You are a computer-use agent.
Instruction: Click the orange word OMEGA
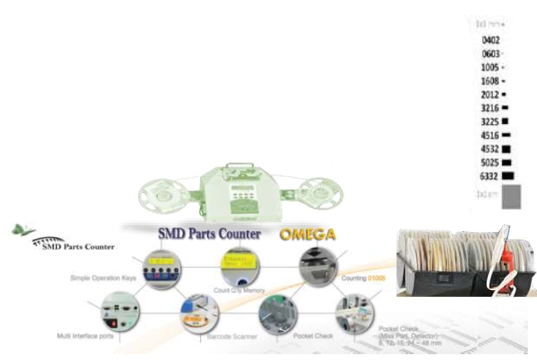(x=307, y=234)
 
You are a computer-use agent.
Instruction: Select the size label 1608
(x=490, y=81)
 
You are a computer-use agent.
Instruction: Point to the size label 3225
(x=490, y=121)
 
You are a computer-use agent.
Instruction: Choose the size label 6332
(x=490, y=175)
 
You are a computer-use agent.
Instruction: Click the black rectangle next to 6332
(x=508, y=175)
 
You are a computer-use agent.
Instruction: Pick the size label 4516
(x=490, y=135)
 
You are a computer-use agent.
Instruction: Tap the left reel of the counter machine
(x=164, y=193)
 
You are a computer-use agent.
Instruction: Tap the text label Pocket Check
(x=313, y=337)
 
